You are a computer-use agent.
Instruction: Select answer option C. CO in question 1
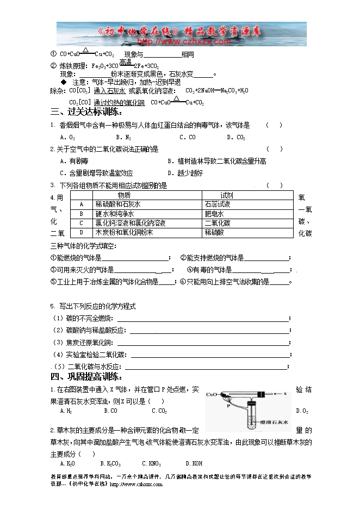(x=188, y=138)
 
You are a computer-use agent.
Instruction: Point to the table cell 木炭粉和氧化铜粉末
(x=124, y=232)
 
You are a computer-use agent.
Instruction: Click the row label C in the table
(x=81, y=223)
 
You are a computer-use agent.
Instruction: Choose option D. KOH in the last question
(x=194, y=464)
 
